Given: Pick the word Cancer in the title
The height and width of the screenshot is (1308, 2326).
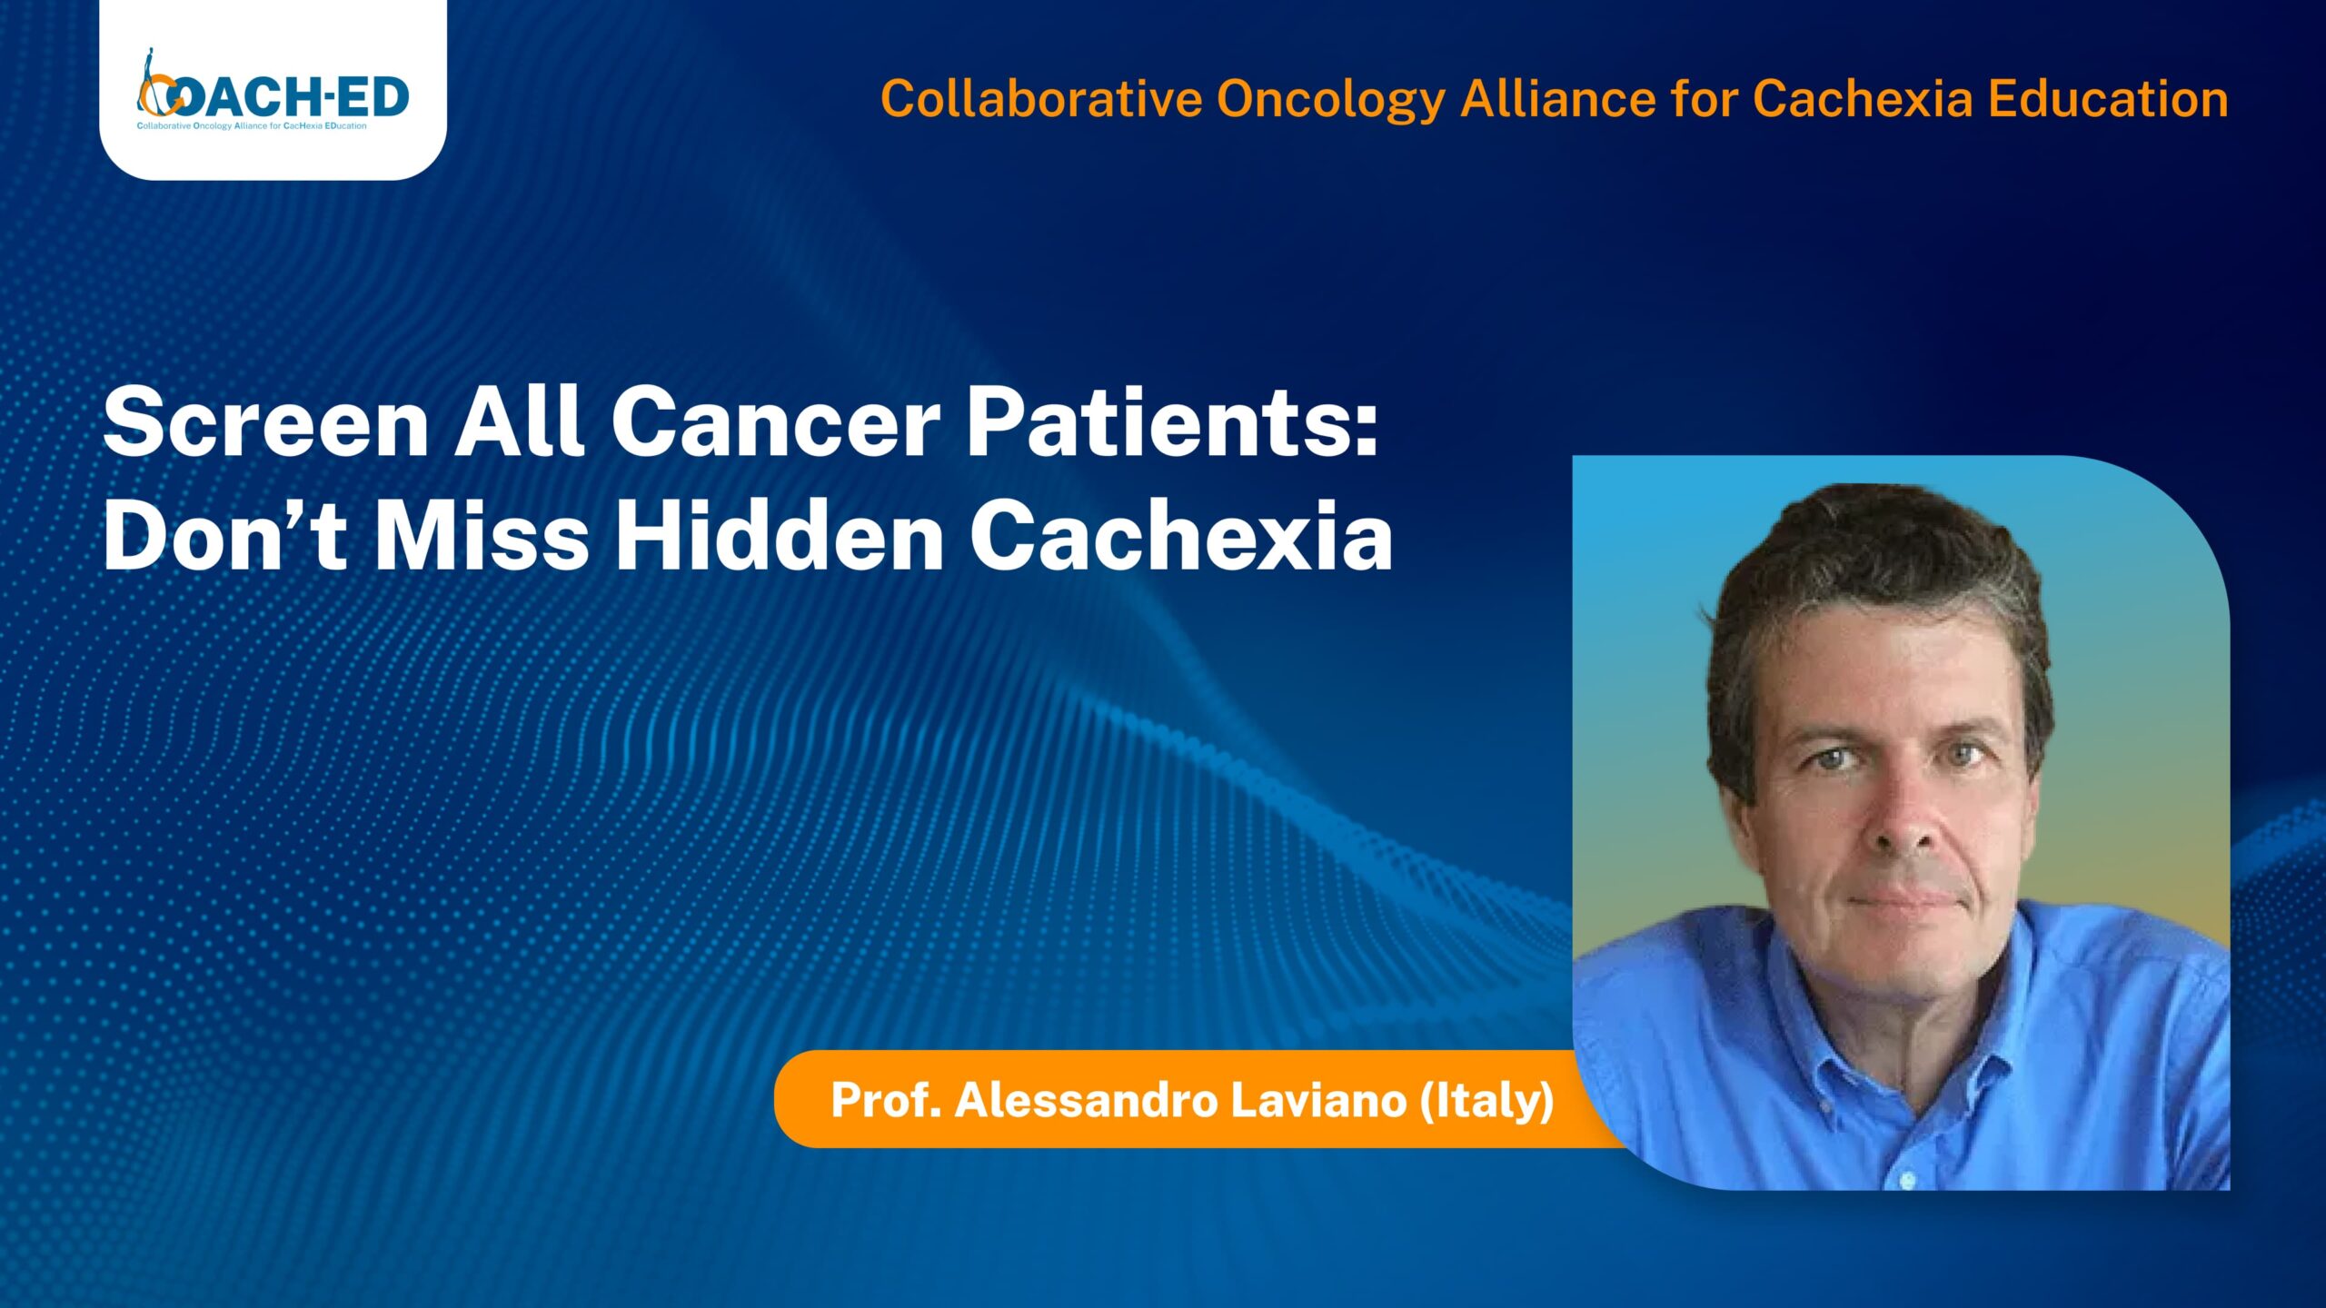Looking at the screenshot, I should click(x=776, y=422).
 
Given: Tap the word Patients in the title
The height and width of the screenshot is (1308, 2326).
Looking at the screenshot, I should click(x=1172, y=422).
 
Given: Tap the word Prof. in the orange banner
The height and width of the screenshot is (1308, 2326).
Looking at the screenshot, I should click(x=885, y=1101).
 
